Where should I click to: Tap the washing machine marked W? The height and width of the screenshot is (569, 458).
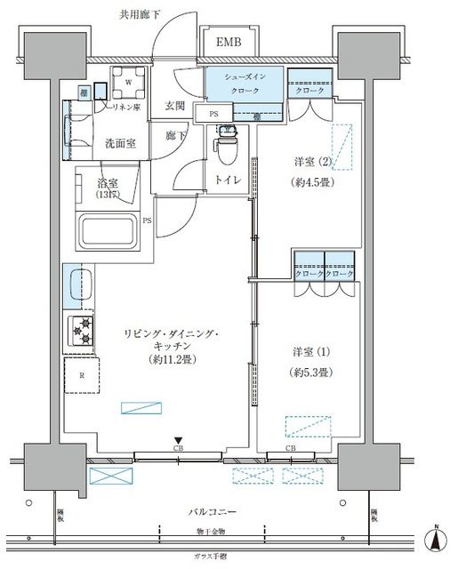click(x=128, y=84)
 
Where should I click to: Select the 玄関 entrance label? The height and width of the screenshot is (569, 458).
click(x=174, y=106)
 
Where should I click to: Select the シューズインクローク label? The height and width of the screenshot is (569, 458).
click(x=245, y=84)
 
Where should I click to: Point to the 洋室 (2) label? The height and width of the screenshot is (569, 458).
click(x=311, y=161)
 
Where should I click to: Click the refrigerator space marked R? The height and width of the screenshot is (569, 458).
click(x=83, y=376)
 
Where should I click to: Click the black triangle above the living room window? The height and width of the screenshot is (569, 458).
click(x=179, y=440)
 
